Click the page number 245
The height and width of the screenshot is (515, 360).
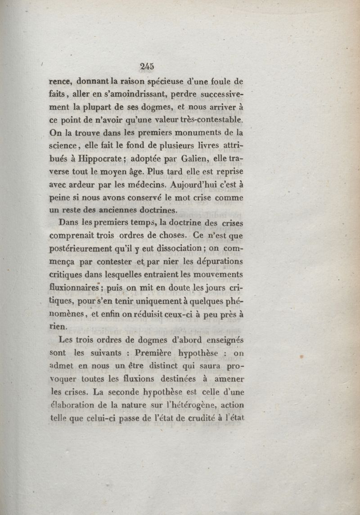click(147, 66)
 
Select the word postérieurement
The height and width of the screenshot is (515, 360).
click(82, 248)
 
